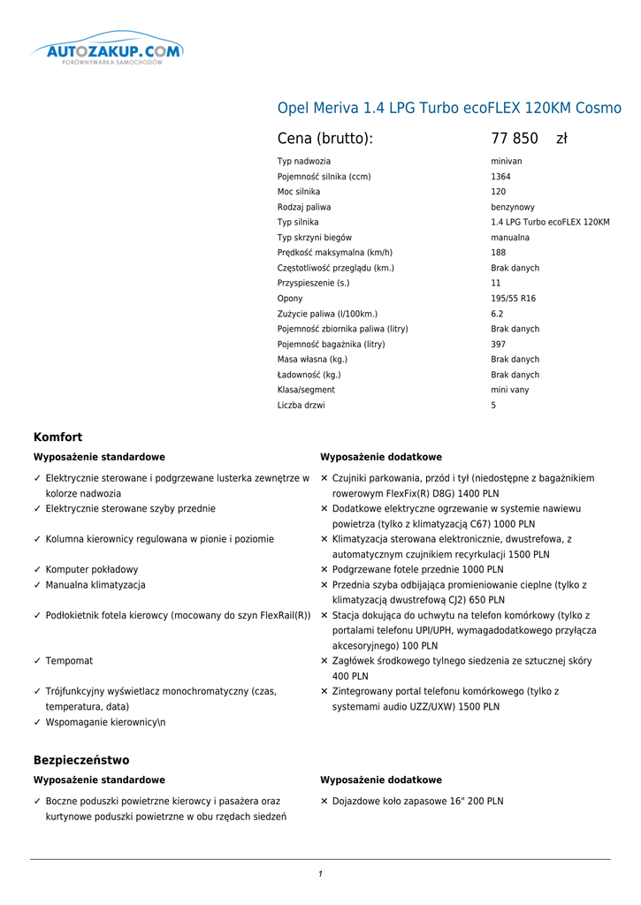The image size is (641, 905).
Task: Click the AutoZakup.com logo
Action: tap(108, 52)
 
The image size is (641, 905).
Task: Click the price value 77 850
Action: tap(515, 139)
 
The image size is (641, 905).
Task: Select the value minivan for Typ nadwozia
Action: tap(507, 162)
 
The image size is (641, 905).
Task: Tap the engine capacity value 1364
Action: tap(500, 177)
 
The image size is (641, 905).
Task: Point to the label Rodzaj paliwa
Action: tap(304, 207)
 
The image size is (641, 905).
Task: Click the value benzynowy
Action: tap(513, 207)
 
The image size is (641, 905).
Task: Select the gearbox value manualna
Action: tap(510, 238)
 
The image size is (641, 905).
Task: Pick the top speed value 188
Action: tap(499, 253)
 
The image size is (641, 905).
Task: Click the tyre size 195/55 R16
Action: tap(513, 299)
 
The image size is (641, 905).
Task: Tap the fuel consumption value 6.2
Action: tap(497, 314)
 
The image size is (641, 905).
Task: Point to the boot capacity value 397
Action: tap(499, 344)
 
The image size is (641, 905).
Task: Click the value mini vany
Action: tap(510, 390)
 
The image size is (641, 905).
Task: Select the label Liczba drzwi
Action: tap(301, 406)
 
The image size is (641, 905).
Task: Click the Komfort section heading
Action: tap(57, 437)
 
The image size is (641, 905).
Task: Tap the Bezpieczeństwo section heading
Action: tap(81, 760)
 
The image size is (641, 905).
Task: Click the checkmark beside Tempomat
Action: tap(37, 661)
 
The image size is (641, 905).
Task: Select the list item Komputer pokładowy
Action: tap(92, 570)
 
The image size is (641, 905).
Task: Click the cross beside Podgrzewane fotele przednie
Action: tap(324, 570)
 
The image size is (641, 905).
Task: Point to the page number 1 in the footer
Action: tap(320, 874)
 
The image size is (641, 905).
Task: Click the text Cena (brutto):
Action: tap(325, 139)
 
